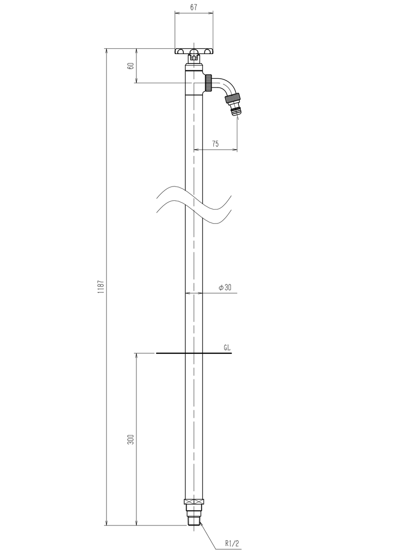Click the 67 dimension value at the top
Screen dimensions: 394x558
pos(194,7)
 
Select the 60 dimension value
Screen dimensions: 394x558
pos(131,66)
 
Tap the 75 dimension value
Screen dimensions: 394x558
pos(215,144)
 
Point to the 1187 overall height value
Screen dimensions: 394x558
pos(101,286)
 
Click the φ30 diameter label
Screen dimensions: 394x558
pos(225,287)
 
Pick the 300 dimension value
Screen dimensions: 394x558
pos(131,439)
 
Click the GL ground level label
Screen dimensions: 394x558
pos(227,348)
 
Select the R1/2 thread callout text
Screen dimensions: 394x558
pos(232,543)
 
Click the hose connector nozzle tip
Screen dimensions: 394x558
pos(235,111)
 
